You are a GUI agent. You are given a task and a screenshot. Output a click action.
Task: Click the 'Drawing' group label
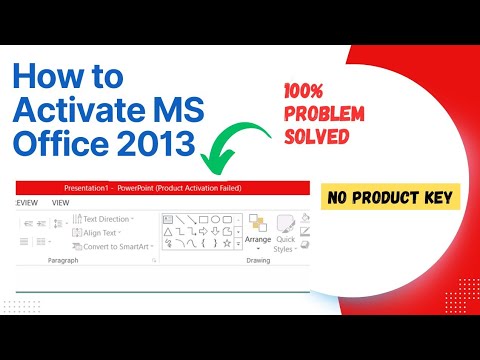[x=259, y=261]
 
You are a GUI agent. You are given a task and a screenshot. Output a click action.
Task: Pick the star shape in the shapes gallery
[x=228, y=243]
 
